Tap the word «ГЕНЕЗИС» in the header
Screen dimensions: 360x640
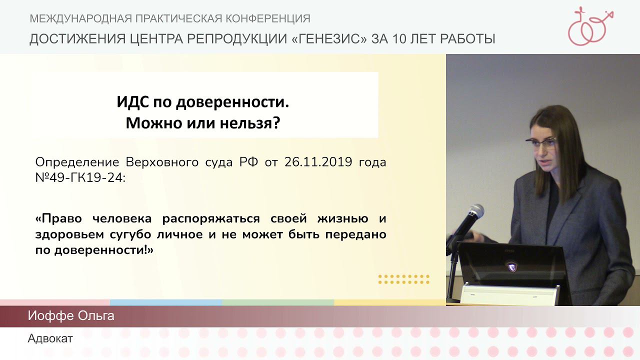328,39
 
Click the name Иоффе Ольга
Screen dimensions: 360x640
71,316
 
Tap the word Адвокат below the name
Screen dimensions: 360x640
50,338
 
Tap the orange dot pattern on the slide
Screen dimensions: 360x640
403,279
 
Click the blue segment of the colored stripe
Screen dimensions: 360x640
165,302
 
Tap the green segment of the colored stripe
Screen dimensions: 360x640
277,302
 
